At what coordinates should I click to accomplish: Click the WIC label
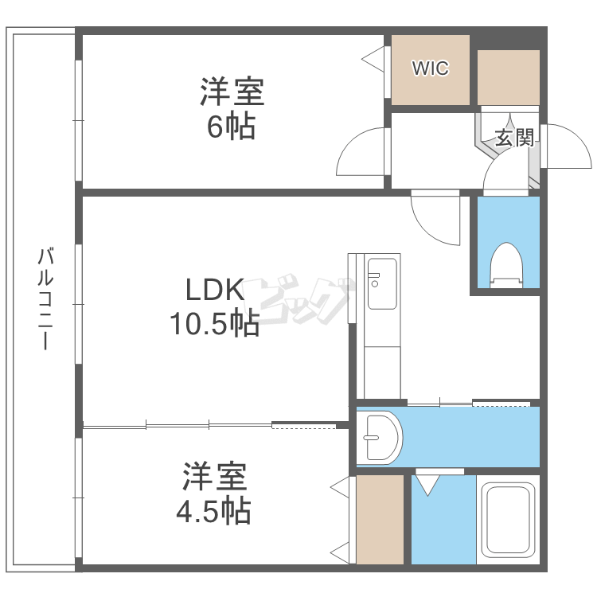click(x=430, y=68)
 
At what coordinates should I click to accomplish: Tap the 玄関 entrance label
click(x=514, y=138)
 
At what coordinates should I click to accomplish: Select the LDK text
click(x=215, y=290)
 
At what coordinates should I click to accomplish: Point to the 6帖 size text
click(x=231, y=127)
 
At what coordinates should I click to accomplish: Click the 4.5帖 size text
click(x=213, y=510)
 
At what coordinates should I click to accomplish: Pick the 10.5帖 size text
click(x=215, y=324)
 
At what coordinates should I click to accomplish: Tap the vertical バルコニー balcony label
click(x=45, y=298)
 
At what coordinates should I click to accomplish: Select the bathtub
click(x=508, y=520)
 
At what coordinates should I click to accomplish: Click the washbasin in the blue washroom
click(x=379, y=438)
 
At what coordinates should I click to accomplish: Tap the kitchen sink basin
click(x=382, y=283)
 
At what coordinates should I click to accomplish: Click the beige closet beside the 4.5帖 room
click(x=380, y=520)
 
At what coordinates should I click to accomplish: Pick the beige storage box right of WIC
click(x=509, y=77)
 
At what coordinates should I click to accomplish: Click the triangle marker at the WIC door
click(x=373, y=59)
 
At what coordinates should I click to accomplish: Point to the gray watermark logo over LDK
click(x=297, y=298)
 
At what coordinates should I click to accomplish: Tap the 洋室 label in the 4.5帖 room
click(x=215, y=476)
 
